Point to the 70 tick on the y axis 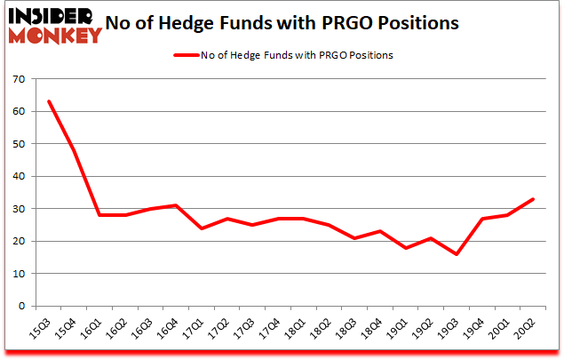17,79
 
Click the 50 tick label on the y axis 17,144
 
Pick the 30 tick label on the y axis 17,209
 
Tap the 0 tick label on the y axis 20,306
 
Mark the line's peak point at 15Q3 49,101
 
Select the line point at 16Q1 100,215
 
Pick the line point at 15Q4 75,150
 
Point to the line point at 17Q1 203,228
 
